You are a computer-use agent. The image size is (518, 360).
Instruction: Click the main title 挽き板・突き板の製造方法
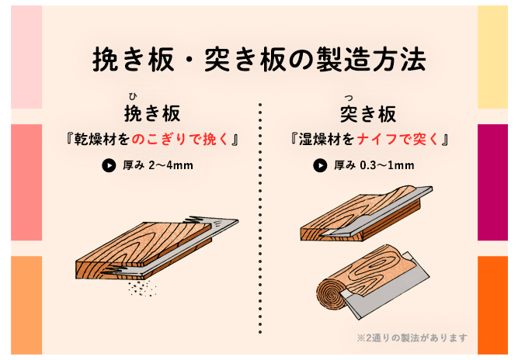pos(259,60)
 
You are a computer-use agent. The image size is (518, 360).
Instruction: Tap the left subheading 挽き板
pos(152,113)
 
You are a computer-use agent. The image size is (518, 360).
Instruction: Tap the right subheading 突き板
pos(368,114)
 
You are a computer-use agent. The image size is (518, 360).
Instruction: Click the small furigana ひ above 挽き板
pos(133,96)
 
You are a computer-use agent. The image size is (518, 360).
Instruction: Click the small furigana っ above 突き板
pos(348,97)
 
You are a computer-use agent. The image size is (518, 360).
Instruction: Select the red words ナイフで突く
pos(398,139)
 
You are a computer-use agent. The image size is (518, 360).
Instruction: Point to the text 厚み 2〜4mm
pos(158,165)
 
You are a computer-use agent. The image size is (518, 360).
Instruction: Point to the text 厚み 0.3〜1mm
pos(374,165)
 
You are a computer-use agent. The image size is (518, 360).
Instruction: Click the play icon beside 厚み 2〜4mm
pos(109,165)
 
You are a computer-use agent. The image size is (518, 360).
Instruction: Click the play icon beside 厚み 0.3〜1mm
pos(320,165)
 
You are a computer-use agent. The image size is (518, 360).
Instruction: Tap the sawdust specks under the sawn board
pos(142,288)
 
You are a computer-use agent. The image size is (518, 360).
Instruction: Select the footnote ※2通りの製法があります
pos(412,338)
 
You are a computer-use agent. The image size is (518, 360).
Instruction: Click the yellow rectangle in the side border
pos(492,57)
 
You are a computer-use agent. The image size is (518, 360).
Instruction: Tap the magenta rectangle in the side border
pos(492,182)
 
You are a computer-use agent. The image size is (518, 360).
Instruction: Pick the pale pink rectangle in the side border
pos(26,57)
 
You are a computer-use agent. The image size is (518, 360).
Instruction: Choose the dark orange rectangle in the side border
pos(492,305)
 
